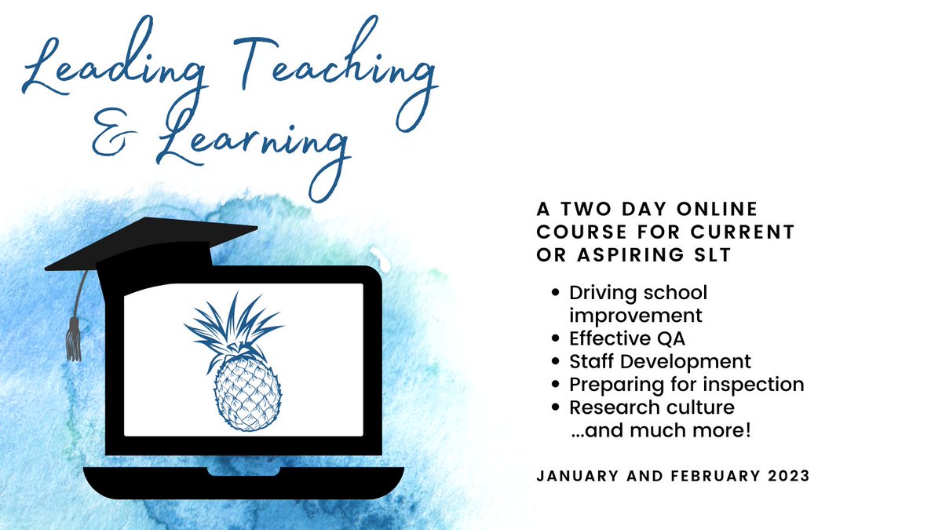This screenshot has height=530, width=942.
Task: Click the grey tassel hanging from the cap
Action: [x=74, y=338]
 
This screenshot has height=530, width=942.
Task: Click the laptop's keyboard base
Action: [x=243, y=481]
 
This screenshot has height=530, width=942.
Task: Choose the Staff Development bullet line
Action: [x=660, y=361]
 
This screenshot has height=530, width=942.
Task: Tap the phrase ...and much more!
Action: [x=662, y=430]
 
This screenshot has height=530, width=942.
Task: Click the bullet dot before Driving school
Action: [x=557, y=293]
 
